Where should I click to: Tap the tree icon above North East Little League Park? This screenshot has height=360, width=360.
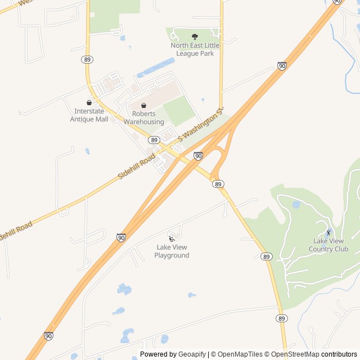(x=195, y=37)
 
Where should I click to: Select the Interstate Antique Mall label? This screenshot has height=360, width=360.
(x=89, y=115)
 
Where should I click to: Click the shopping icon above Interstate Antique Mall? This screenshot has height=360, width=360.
(x=89, y=102)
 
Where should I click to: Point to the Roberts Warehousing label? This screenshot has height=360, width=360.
(x=144, y=118)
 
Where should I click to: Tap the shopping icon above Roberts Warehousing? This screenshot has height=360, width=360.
(x=144, y=105)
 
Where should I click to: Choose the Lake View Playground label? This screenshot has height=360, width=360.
(x=172, y=251)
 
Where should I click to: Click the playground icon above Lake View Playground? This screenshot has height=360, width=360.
(x=172, y=238)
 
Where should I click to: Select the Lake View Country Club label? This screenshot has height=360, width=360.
(x=331, y=245)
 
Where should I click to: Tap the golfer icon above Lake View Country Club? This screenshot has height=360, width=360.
(x=328, y=232)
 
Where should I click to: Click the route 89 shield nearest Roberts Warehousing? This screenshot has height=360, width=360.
(x=154, y=139)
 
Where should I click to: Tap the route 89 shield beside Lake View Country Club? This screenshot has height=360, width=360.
(x=267, y=256)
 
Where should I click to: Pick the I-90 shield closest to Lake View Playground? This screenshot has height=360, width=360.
(x=121, y=237)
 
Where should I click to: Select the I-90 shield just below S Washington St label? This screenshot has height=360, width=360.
(x=198, y=155)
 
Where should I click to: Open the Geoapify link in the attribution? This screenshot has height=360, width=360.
(x=192, y=354)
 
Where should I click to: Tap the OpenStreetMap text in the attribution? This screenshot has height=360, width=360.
(x=296, y=354)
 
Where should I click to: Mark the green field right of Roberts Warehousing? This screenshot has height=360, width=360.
(x=179, y=111)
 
